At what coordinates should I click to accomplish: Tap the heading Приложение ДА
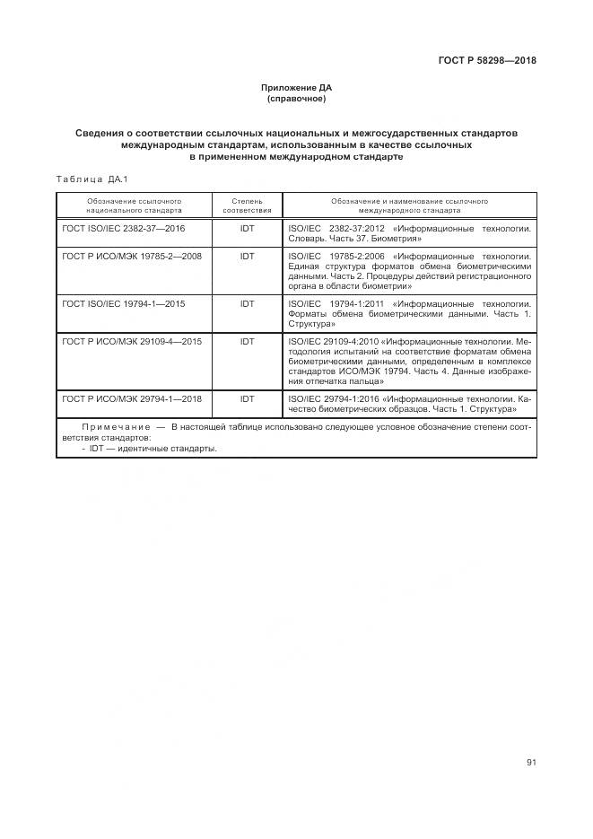pyautogui.click(x=296, y=87)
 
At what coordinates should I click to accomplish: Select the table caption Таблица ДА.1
pyautogui.click(x=92, y=179)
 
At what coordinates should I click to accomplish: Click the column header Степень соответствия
pyautogui.click(x=247, y=205)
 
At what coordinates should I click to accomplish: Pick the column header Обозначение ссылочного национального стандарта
pyautogui.click(x=134, y=205)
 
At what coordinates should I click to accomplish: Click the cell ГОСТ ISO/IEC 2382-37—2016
pyautogui.click(x=124, y=229)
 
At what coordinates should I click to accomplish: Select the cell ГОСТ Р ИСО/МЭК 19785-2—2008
pyautogui.click(x=132, y=256)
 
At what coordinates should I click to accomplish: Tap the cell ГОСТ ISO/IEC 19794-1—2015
pyautogui.click(x=124, y=304)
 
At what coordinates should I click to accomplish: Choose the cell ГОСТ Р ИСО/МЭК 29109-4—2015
pyautogui.click(x=132, y=342)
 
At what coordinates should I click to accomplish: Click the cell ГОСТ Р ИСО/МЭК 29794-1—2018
pyautogui.click(x=132, y=398)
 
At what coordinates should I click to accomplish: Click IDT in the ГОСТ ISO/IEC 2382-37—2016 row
pyautogui.click(x=247, y=229)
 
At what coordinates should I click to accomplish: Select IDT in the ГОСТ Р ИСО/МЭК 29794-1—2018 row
pyautogui.click(x=247, y=398)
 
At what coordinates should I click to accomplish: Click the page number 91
pyautogui.click(x=531, y=763)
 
